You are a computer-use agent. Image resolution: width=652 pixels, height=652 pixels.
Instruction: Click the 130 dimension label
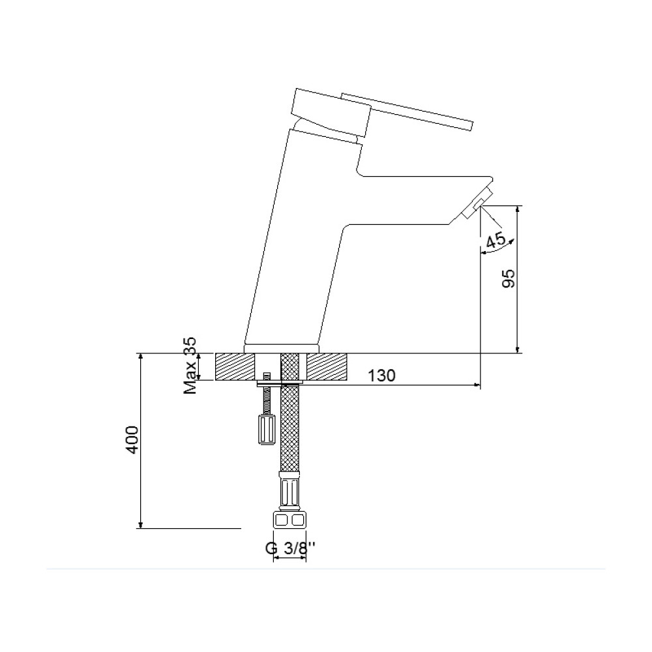[381, 376]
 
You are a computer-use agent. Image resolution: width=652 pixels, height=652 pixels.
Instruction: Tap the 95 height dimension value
[508, 278]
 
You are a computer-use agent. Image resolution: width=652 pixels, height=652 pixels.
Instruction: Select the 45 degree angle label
[496, 241]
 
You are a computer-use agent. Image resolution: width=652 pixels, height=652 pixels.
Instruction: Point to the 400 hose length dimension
[132, 439]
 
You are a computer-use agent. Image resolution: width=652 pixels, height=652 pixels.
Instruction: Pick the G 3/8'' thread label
[290, 548]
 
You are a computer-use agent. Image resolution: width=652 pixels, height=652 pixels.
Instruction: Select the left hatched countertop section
[235, 366]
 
